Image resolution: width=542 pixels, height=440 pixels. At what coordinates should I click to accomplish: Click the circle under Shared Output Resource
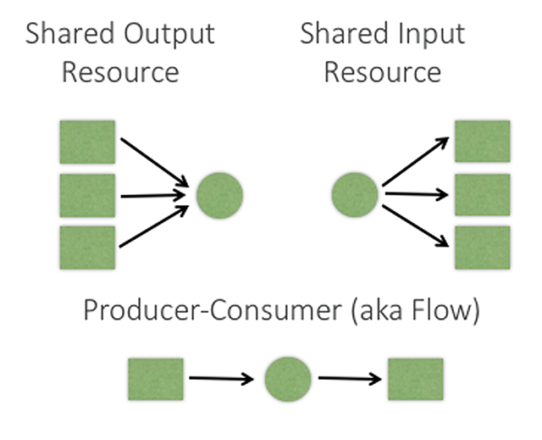[219, 196]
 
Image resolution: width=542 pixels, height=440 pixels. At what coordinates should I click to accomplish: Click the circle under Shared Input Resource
[355, 194]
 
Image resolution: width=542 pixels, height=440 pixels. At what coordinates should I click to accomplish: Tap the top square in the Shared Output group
[86, 142]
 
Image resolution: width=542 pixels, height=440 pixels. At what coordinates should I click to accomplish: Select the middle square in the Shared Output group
[86, 195]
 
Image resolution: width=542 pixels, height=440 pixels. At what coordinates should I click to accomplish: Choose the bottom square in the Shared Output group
[86, 248]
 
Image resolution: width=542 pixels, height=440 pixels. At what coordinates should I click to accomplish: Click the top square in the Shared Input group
[483, 141]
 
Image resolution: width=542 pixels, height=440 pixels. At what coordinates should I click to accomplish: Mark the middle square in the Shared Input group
[483, 194]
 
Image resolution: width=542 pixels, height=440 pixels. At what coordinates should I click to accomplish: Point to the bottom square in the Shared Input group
[483, 247]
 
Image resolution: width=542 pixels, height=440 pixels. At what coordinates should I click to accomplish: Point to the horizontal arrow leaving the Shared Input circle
[416, 194]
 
